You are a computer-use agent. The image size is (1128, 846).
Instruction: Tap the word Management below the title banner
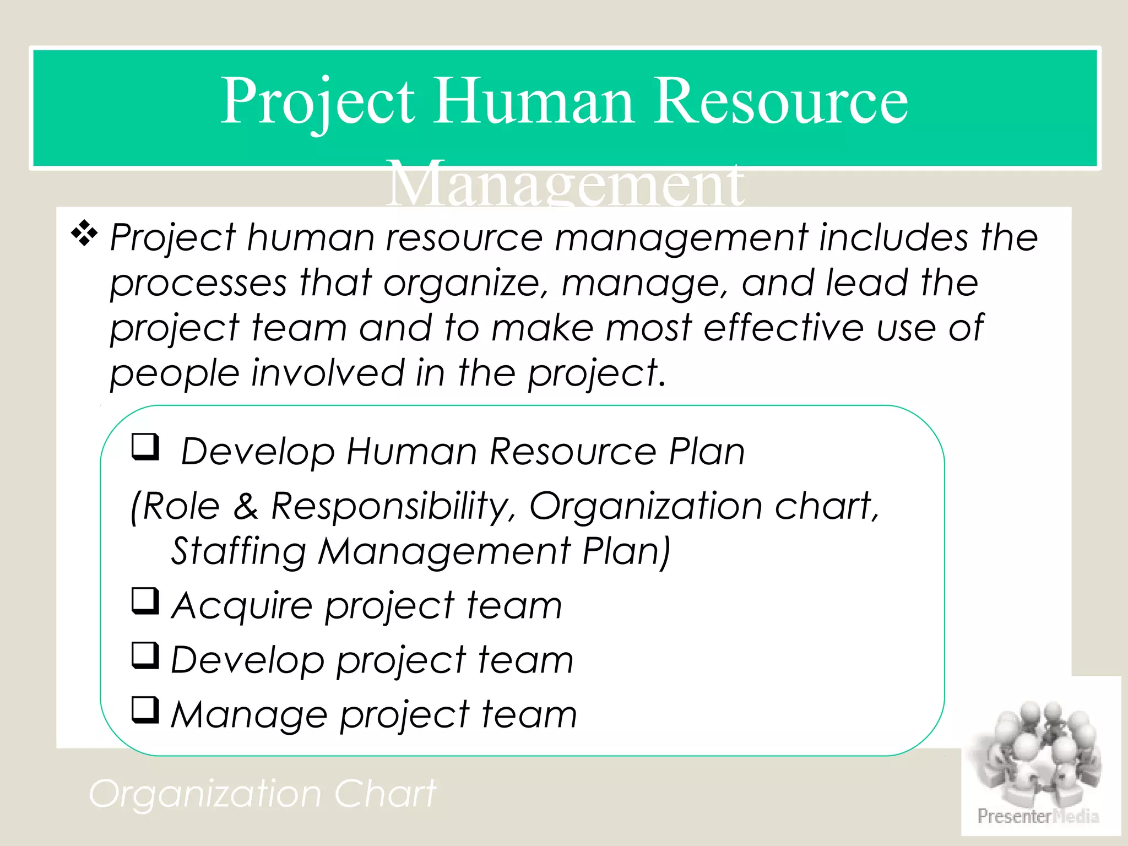coord(565,185)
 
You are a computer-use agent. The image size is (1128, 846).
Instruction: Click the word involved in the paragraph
coord(328,373)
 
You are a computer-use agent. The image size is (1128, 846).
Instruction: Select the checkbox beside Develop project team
coord(145,655)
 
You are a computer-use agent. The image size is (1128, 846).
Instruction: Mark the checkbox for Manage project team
coord(145,710)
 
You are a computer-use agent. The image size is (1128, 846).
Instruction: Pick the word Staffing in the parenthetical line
coord(238,552)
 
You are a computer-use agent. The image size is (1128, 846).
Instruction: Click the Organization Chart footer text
coord(262,794)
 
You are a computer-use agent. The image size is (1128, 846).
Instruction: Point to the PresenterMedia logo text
coord(1038,816)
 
